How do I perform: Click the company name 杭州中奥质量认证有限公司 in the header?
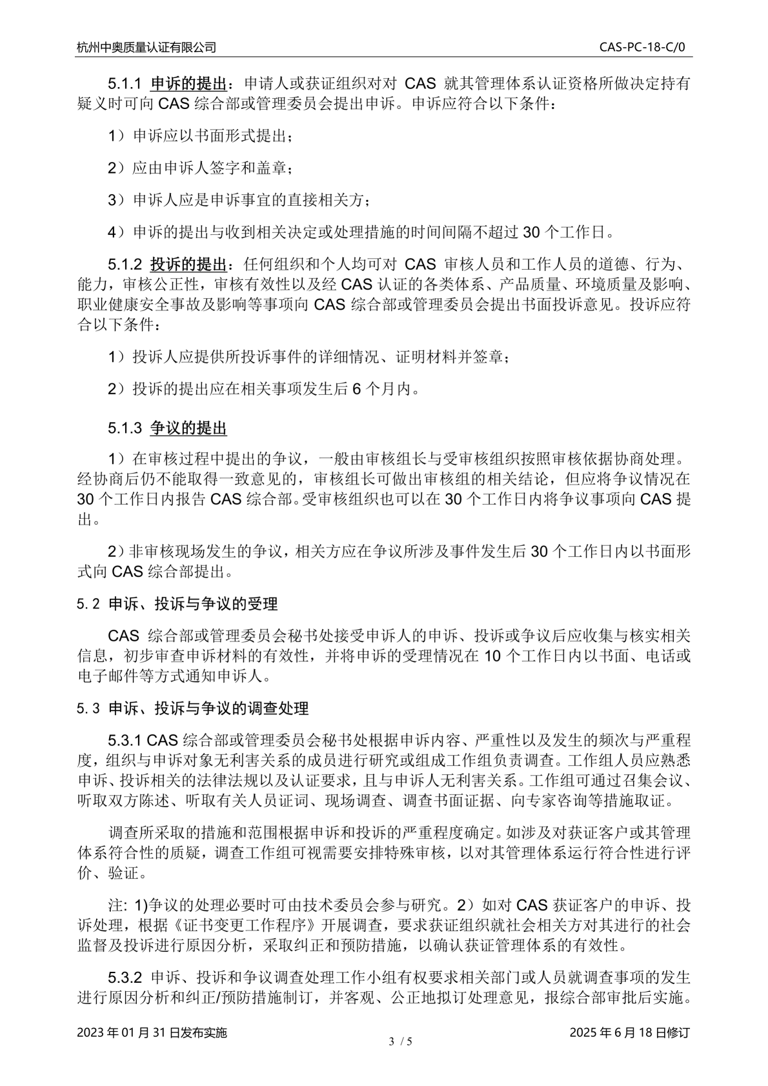[x=147, y=47]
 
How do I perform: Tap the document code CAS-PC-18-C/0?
[x=645, y=47]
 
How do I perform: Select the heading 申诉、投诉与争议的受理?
[x=193, y=604]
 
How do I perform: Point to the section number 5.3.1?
[x=125, y=739]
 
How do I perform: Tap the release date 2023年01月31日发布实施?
[x=152, y=1032]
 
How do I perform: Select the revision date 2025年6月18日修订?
[x=630, y=1032]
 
